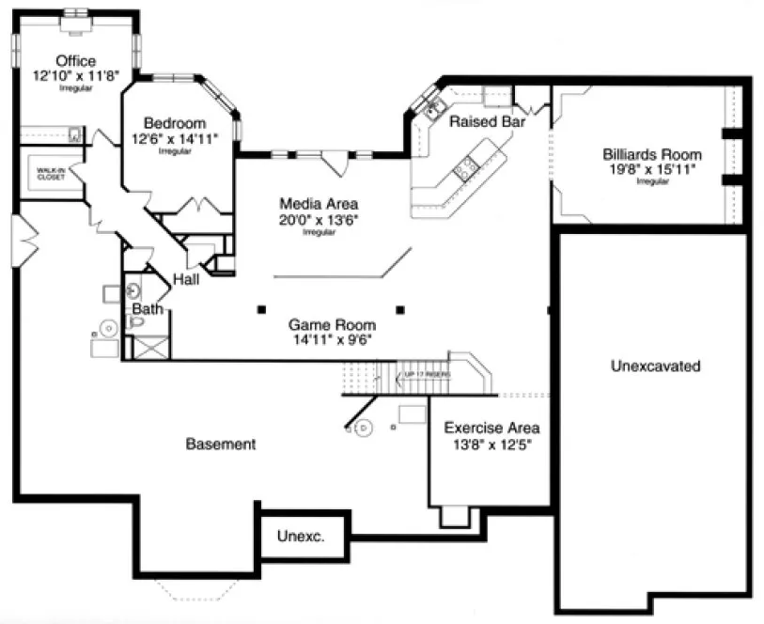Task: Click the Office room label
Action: click(x=75, y=61)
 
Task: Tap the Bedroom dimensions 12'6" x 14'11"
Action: click(x=175, y=138)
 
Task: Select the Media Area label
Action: click(x=319, y=204)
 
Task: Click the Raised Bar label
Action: click(x=486, y=122)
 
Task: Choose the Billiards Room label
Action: click(x=652, y=154)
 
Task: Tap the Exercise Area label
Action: click(x=491, y=428)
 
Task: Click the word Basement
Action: click(x=220, y=444)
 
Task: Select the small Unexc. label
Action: click(x=301, y=537)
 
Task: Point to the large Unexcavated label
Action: click(x=654, y=367)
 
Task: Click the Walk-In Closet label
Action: click(x=51, y=174)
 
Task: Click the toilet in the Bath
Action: click(x=137, y=323)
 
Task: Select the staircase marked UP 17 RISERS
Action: click(x=413, y=375)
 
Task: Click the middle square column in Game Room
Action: click(x=399, y=308)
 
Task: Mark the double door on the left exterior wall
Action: click(x=25, y=239)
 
